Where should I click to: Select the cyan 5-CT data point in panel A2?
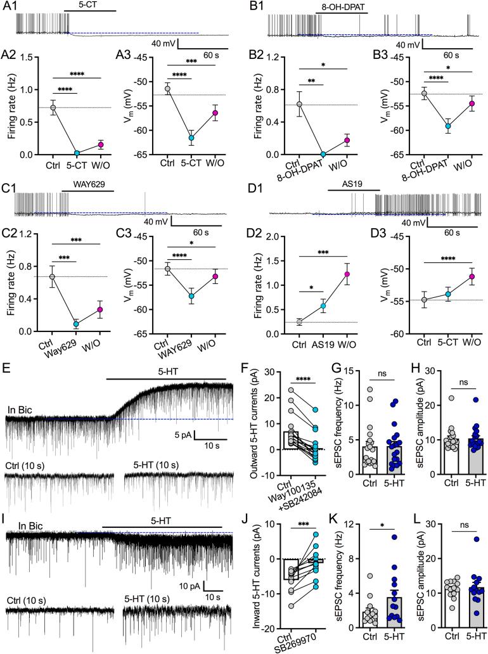(77, 153)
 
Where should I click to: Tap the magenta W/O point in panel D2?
(347, 274)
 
